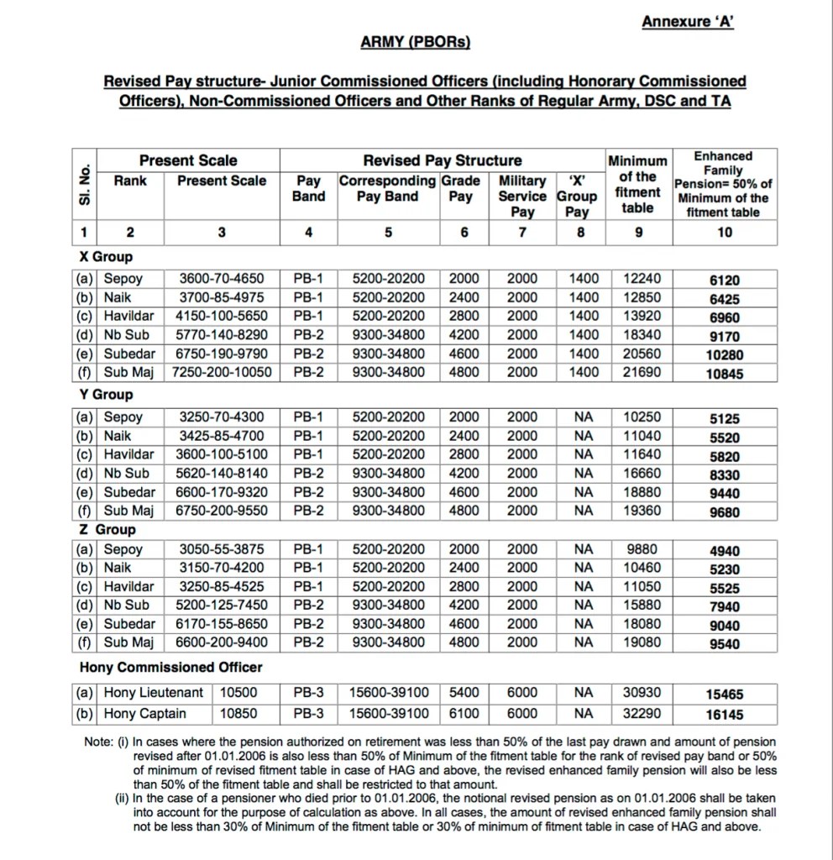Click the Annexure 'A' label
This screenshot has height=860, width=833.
[x=688, y=22]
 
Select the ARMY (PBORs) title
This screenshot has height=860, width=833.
[x=416, y=42]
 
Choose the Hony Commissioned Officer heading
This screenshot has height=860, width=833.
[x=170, y=668]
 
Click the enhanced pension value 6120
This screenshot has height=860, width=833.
[x=725, y=281]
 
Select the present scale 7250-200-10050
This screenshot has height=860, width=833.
[x=222, y=371]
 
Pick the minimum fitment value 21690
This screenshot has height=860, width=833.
[x=642, y=371]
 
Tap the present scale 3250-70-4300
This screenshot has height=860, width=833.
[x=222, y=417]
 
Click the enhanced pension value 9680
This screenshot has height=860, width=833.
[x=725, y=511]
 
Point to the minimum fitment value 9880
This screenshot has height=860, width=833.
[x=642, y=549]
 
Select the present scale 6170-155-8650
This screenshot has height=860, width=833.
[x=222, y=624]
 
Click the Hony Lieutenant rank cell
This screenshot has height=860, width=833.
[x=153, y=693]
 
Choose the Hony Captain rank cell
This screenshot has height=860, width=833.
[x=144, y=714]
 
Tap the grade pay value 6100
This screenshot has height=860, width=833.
[x=464, y=714]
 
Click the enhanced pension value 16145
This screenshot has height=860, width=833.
[x=725, y=716]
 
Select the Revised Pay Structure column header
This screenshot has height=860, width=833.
[x=442, y=160]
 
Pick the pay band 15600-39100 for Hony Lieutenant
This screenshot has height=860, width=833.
[x=389, y=693]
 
